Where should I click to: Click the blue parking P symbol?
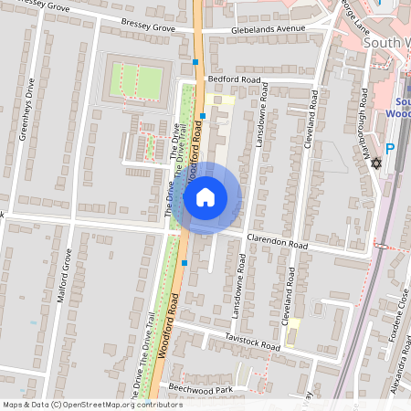(390, 149)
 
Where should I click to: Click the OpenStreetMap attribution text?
(91, 405)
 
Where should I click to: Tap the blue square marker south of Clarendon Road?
(184, 263)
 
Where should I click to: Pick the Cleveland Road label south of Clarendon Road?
(291, 294)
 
